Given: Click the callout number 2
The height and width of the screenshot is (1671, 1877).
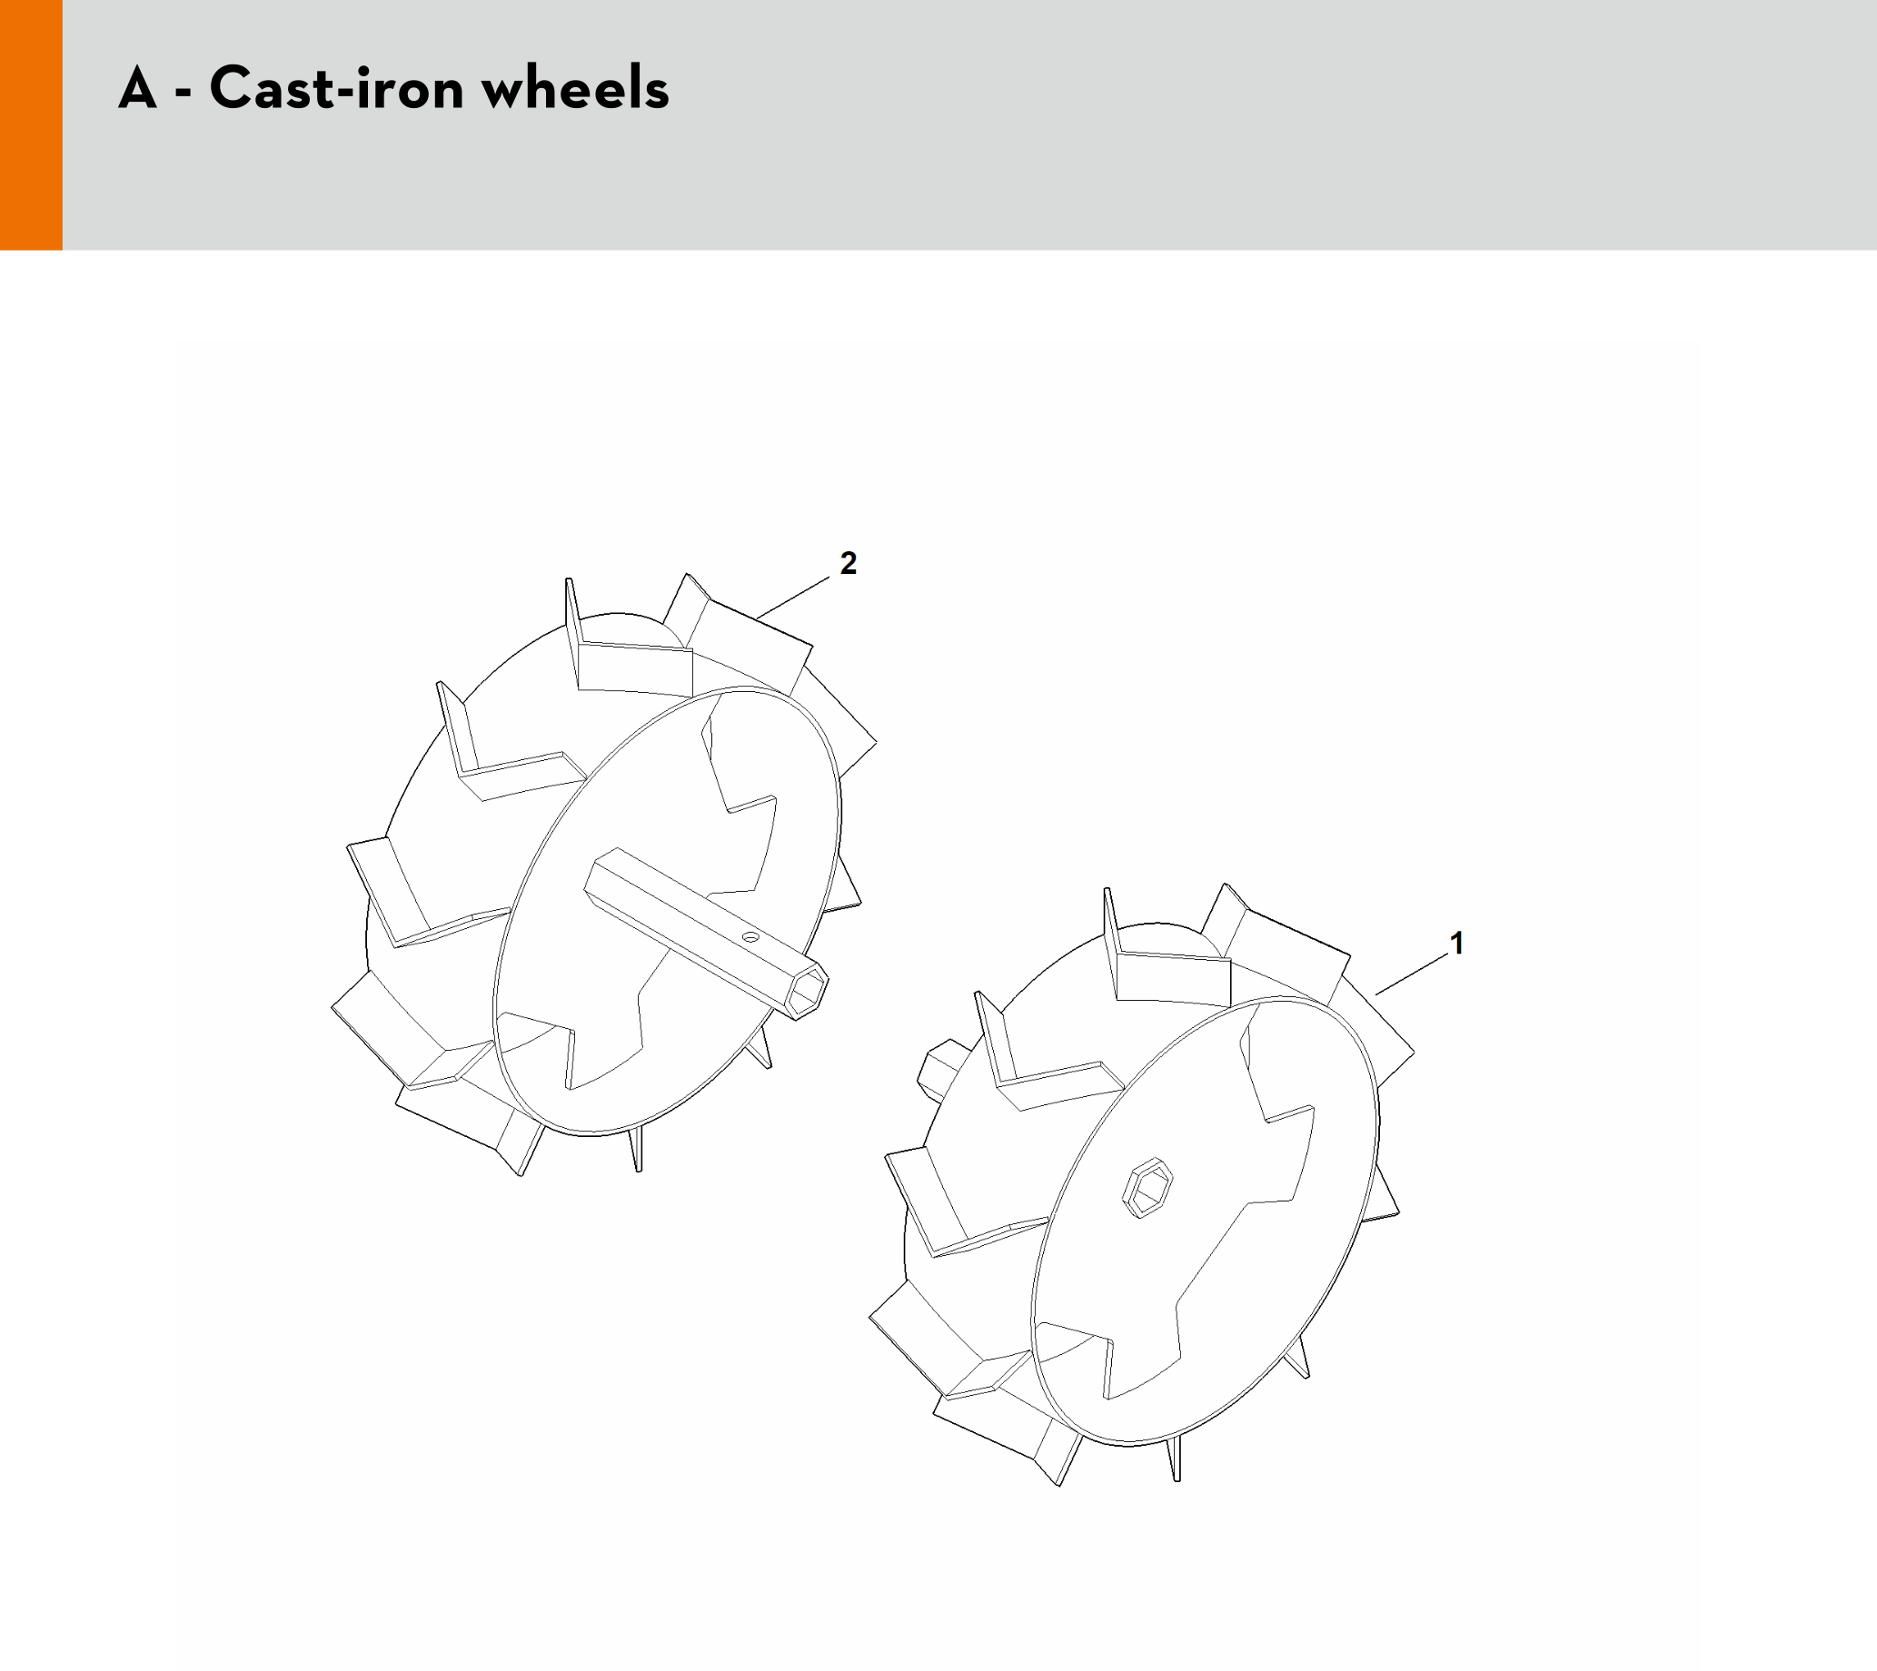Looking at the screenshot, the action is [x=848, y=563].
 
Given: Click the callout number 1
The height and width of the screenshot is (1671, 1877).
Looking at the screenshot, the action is [x=1455, y=943].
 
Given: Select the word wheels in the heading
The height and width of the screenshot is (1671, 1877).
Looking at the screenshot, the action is [x=576, y=88].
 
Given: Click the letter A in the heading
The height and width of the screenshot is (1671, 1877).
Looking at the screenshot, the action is [x=137, y=88].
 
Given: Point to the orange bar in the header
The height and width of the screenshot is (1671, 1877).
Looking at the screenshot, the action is [x=31, y=124].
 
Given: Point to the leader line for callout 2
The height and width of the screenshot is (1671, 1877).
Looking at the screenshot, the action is [x=793, y=595].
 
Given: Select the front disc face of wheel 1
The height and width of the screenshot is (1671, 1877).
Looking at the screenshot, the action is [x=1204, y=1222].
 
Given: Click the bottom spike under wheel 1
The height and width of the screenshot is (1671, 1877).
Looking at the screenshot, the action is [x=1175, y=1460].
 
